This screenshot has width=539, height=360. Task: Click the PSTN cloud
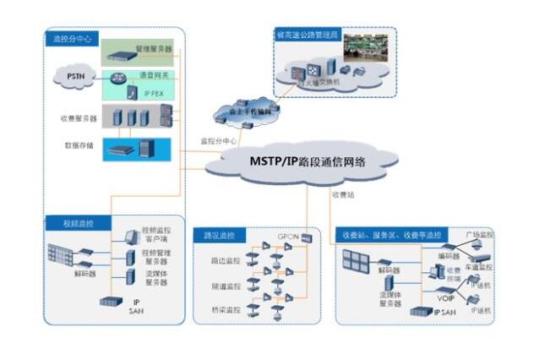tap(74, 79)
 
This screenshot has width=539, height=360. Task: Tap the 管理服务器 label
tap(154, 49)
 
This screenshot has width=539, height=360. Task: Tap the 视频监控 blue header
tap(76, 224)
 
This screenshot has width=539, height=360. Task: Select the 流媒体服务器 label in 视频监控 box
tap(155, 277)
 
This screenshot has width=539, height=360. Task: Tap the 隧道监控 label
tap(225, 286)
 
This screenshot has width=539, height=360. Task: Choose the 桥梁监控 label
tap(225, 310)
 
